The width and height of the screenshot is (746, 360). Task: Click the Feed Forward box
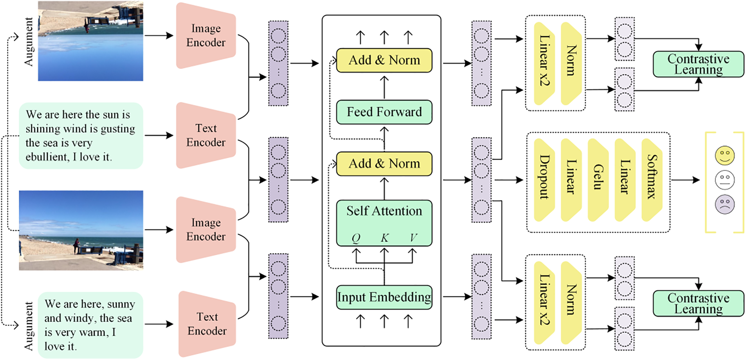tap(384, 112)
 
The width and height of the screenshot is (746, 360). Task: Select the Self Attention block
tap(384, 223)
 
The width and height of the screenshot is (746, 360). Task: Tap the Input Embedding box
tap(384, 297)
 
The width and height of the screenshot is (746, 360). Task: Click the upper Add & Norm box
tap(384, 60)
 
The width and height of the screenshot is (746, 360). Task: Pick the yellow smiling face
tap(724, 156)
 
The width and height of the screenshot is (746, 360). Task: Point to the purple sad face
tap(724, 204)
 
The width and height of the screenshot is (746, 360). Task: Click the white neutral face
tap(724, 180)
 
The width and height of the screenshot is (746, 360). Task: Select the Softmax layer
tap(652, 180)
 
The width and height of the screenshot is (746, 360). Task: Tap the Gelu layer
tap(598, 180)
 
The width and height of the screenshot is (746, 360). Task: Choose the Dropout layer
tap(544, 180)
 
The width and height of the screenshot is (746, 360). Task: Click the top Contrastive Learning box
tap(698, 64)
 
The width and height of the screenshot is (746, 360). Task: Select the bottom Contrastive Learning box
tap(698, 303)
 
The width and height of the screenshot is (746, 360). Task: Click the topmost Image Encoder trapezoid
tap(206, 36)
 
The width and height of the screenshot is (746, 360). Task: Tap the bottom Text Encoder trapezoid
tap(207, 324)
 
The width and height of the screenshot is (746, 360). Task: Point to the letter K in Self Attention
tap(385, 238)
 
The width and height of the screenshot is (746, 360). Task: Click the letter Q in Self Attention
tap(356, 238)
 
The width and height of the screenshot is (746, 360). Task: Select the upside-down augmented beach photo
tap(90, 41)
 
